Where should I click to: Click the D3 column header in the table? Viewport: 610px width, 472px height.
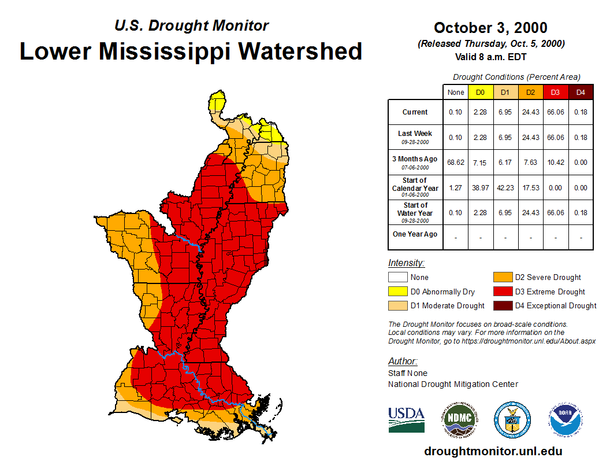(x=556, y=93)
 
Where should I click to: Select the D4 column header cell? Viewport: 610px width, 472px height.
(x=581, y=93)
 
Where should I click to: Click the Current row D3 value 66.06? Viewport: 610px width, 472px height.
(x=556, y=112)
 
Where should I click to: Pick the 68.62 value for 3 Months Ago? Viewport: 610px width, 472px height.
(x=456, y=163)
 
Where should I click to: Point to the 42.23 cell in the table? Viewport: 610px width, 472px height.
(x=505, y=187)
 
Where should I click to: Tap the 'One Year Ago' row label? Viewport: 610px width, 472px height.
(x=415, y=234)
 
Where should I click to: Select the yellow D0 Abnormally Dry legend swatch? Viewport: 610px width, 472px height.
(x=397, y=292)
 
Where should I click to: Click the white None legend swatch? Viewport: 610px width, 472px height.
(x=397, y=278)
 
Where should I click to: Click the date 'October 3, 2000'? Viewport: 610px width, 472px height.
(x=490, y=28)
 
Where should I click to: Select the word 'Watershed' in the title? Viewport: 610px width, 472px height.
(x=301, y=51)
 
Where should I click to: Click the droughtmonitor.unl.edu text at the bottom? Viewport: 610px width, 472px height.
(x=493, y=451)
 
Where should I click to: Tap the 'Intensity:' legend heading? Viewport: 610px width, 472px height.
(x=406, y=263)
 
